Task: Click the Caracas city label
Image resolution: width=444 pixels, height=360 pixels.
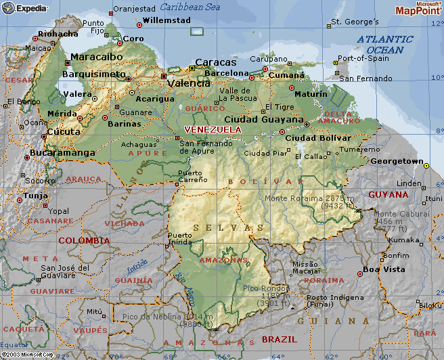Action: tap(216, 62)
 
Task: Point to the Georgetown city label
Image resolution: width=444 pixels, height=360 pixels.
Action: tap(396, 162)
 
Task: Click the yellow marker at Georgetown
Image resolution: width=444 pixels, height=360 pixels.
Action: tap(426, 164)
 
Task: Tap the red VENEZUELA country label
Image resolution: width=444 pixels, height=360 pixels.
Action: tap(213, 129)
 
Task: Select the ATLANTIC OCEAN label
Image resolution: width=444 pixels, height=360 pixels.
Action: tap(384, 45)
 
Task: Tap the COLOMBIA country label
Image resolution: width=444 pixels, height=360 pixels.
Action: tap(83, 240)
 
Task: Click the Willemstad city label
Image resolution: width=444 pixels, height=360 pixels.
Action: tap(167, 21)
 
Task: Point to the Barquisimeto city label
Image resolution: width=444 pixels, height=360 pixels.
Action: tap(93, 74)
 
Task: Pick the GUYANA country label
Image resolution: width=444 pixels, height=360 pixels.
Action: tap(388, 194)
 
